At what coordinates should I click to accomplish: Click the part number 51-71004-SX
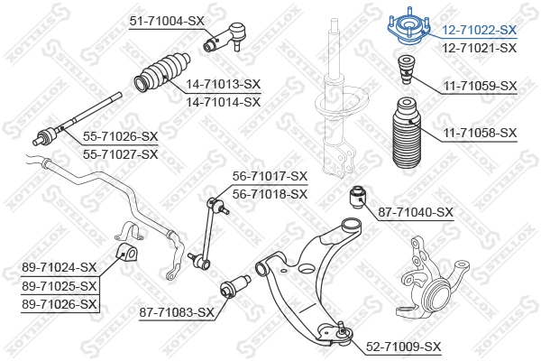point(170,20)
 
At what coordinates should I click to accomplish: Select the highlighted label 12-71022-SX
point(480,31)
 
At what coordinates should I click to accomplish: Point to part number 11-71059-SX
point(480,86)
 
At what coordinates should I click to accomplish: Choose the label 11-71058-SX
point(480,133)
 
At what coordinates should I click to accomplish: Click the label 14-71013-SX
point(223,84)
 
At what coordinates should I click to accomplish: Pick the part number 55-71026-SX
point(120,136)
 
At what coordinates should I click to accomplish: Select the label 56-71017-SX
point(270,176)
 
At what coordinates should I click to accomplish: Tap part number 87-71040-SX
point(415,212)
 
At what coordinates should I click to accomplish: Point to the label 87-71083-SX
point(177,312)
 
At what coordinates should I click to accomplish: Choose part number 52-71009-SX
point(403,346)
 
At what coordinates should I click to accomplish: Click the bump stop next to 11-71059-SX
point(406,72)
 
